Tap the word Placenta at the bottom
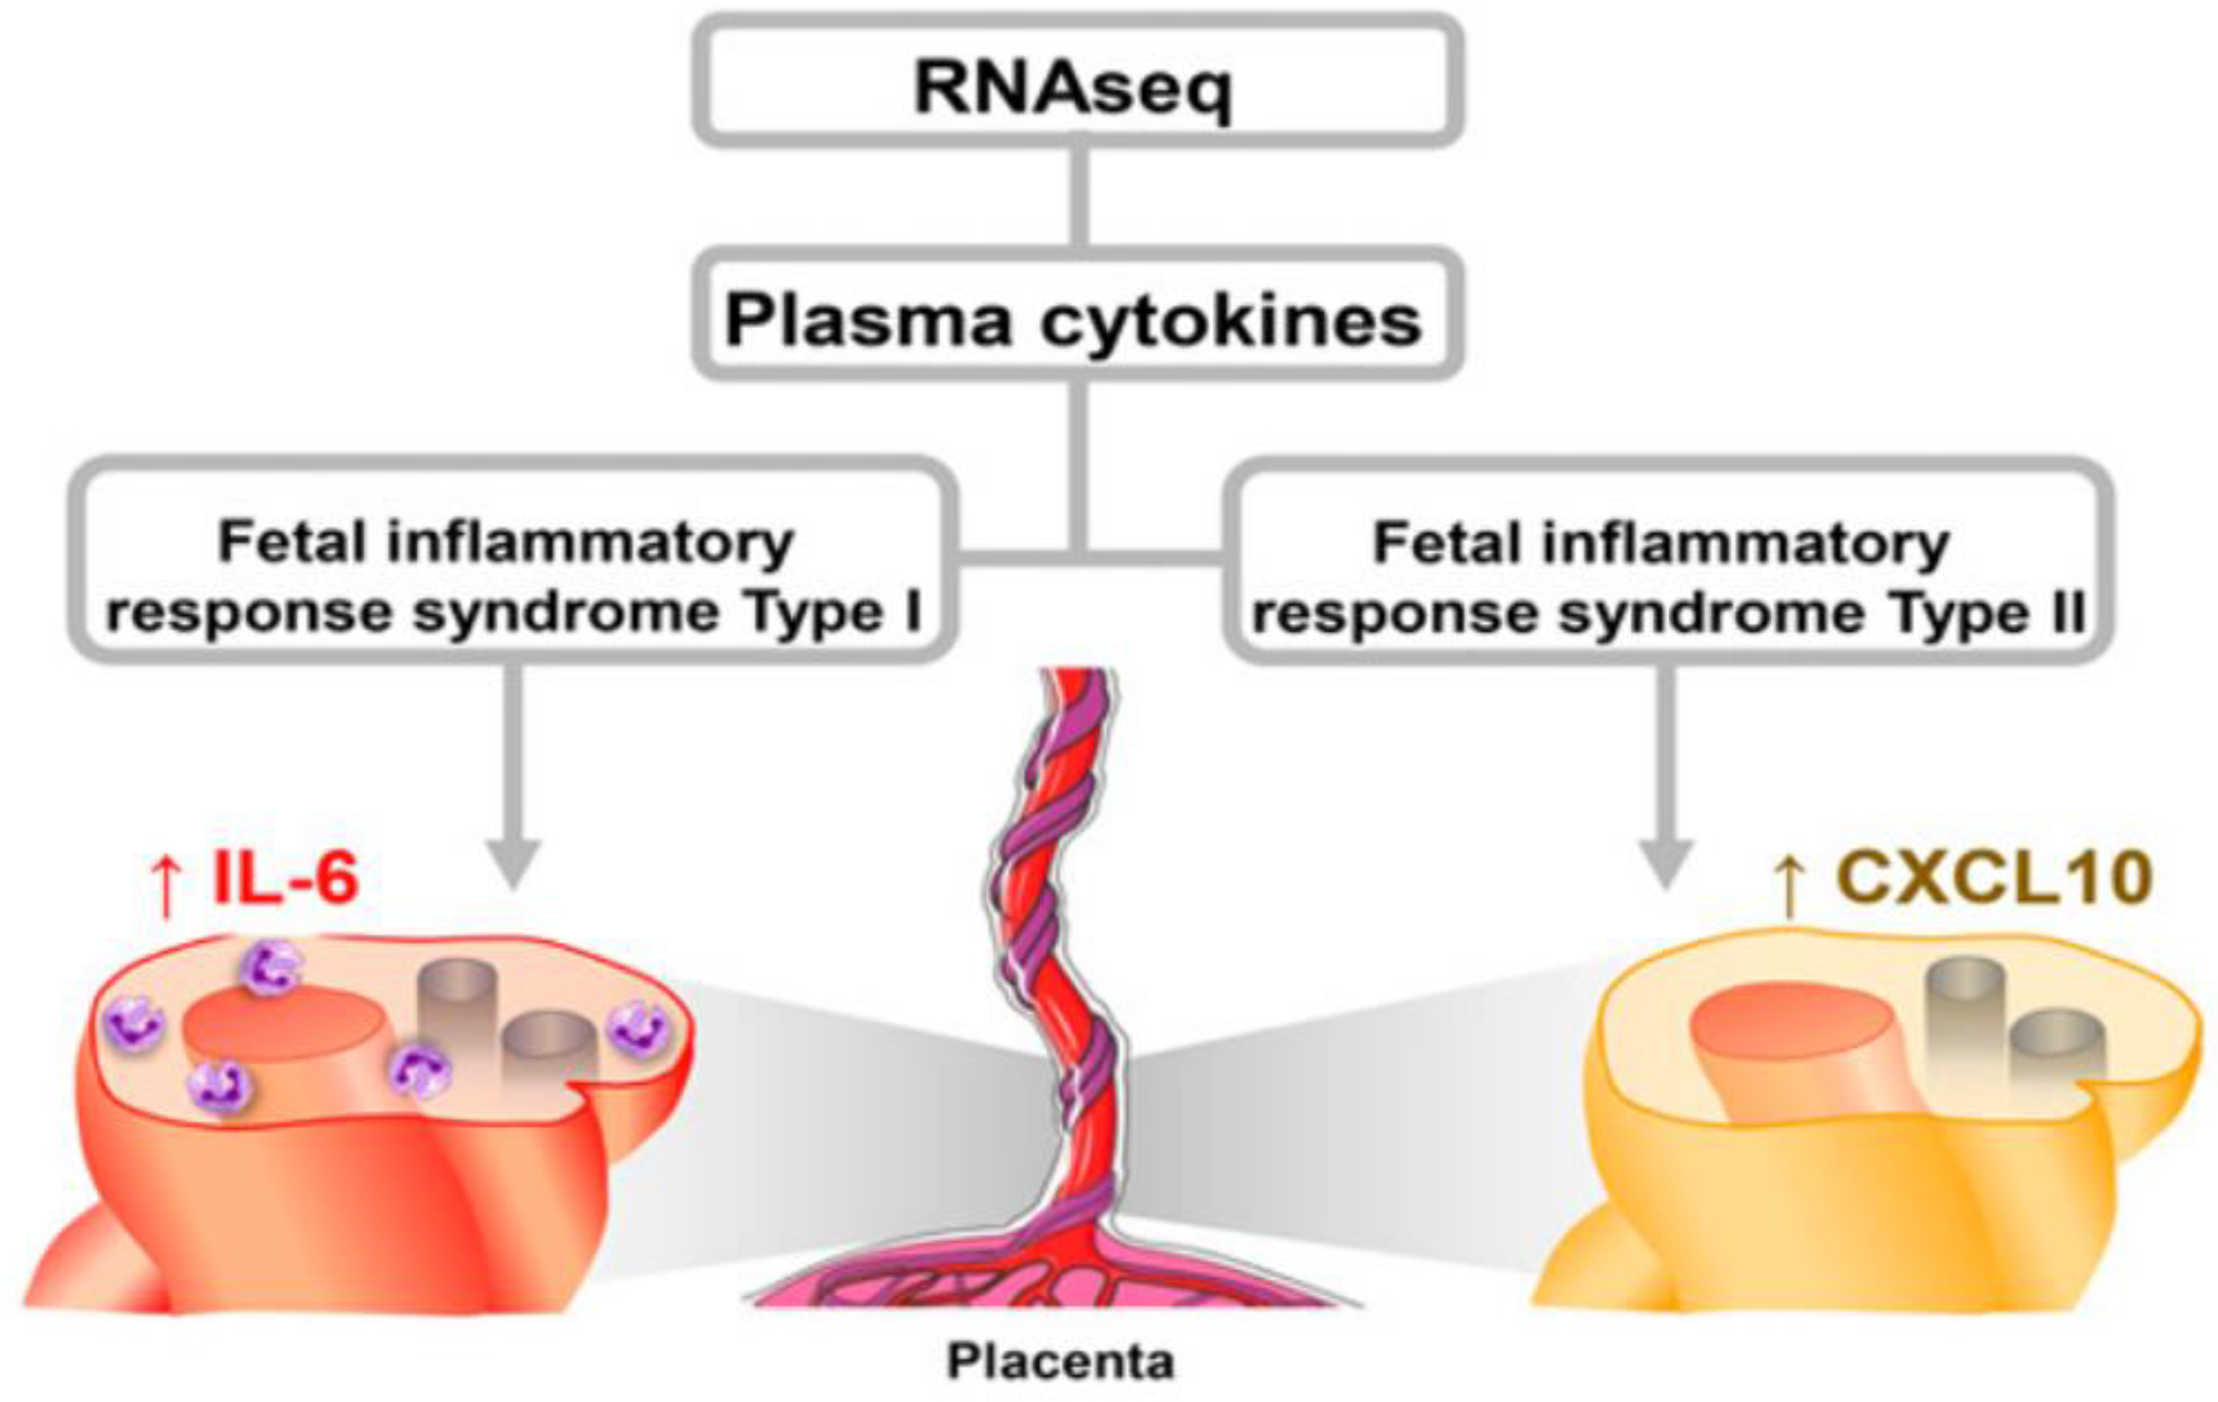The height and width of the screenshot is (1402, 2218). pyautogui.click(x=1061, y=1361)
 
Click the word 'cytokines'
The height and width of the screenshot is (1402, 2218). pyautogui.click(x=1232, y=321)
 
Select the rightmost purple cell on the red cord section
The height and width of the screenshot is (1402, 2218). pyautogui.click(x=638, y=1028)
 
